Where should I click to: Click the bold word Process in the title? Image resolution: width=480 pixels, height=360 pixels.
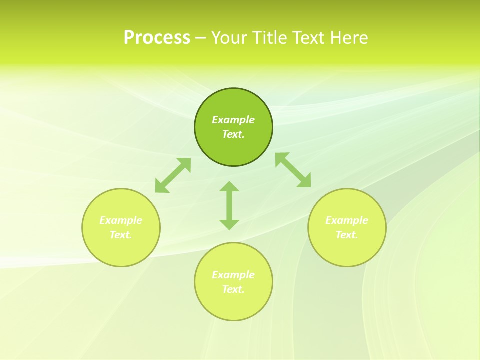(157, 38)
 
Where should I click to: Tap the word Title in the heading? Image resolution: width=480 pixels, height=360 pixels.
(271, 38)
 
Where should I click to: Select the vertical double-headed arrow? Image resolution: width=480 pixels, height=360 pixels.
(229, 205)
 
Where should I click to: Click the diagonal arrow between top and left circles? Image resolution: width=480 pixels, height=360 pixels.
(173, 175)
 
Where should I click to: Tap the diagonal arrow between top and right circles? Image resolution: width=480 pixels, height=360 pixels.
(293, 170)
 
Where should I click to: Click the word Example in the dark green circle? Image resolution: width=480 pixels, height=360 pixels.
(233, 120)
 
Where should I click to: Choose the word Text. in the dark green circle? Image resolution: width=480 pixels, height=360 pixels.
(233, 134)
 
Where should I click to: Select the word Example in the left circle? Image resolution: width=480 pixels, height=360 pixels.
(121, 220)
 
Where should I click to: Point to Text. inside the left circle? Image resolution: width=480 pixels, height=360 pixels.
(121, 235)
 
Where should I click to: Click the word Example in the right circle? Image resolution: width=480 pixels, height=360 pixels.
(347, 220)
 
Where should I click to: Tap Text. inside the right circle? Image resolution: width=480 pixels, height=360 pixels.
(347, 235)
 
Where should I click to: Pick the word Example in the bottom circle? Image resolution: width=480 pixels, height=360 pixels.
(233, 275)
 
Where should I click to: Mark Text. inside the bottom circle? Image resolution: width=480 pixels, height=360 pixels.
(233, 289)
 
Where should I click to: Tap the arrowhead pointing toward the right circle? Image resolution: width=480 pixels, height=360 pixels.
(305, 181)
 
